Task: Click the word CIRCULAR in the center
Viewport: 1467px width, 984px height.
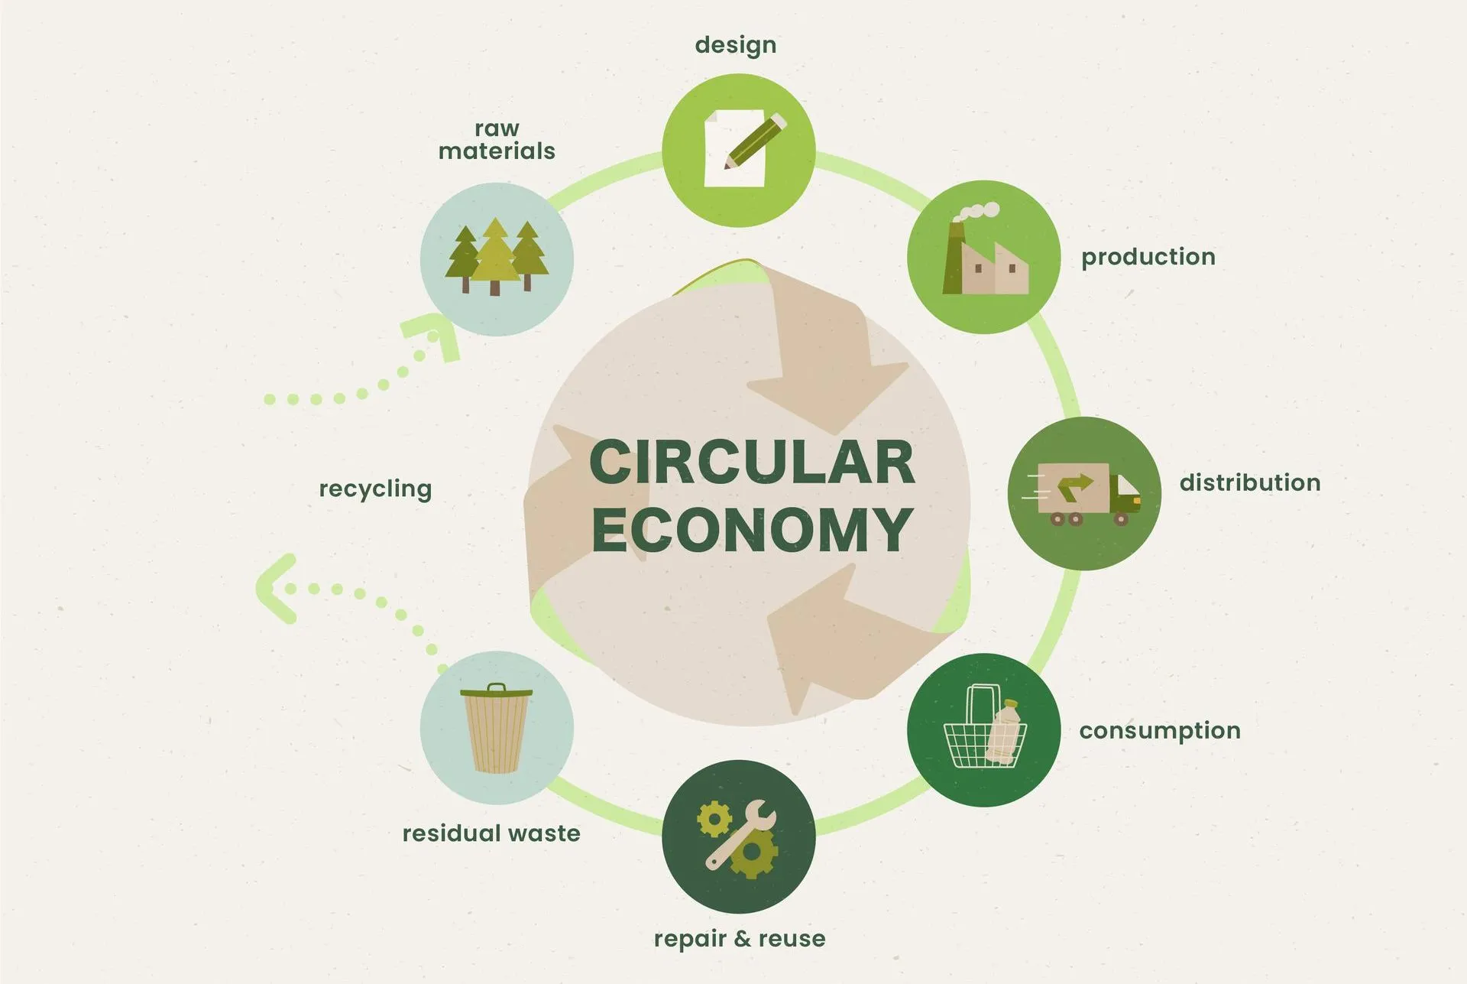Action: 752,463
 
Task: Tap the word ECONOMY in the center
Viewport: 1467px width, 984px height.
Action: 752,530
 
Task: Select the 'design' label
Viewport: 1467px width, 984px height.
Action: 735,45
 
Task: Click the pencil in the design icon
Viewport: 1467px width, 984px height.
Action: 755,141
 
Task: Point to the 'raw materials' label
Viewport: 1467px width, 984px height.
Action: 497,140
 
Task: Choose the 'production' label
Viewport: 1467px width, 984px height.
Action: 1148,257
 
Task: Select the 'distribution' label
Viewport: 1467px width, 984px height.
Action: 1249,482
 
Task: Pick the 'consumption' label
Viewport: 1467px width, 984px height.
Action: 1159,731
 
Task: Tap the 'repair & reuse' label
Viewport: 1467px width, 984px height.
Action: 739,938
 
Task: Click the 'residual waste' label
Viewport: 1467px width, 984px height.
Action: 491,833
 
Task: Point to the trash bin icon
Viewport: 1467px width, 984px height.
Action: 496,728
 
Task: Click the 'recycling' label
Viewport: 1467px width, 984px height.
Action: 375,489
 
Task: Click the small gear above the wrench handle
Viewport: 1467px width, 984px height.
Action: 714,820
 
